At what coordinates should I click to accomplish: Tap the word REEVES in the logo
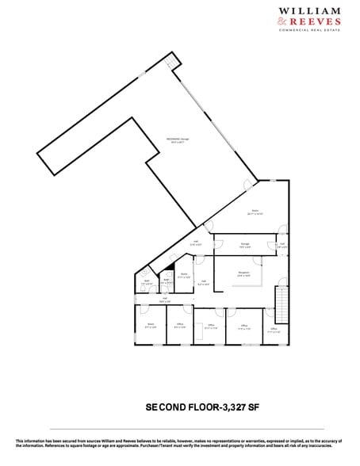click(326, 21)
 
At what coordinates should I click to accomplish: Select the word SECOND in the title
click(164, 407)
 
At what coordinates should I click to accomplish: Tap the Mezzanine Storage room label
click(176, 142)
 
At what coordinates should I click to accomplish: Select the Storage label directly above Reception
click(247, 245)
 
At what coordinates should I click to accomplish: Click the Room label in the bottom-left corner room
click(150, 324)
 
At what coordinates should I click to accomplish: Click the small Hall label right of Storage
click(281, 245)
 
